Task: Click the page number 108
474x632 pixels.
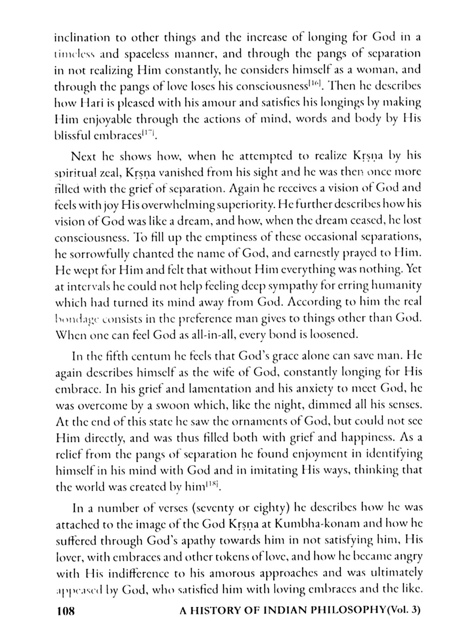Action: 66,611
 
